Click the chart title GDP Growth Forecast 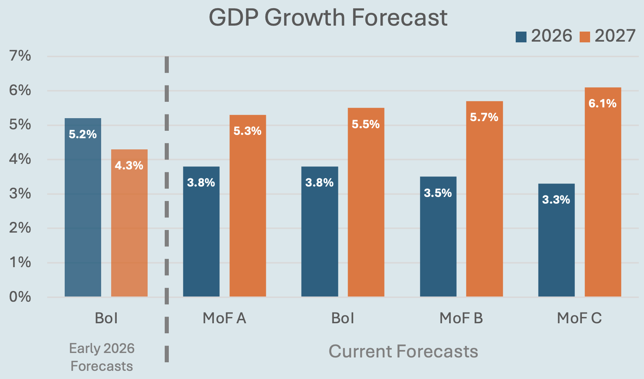(x=328, y=17)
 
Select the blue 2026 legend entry (x=544, y=36)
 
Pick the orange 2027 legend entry (x=608, y=36)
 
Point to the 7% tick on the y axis (x=20, y=56)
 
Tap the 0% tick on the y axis (x=20, y=297)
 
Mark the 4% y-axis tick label (x=20, y=159)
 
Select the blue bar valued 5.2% (x=83, y=208)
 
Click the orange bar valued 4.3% (x=129, y=223)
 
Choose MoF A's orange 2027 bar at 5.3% (x=248, y=206)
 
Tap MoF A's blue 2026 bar (x=201, y=232)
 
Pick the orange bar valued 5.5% (x=366, y=203)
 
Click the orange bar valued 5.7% (x=484, y=199)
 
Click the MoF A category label (x=224, y=318)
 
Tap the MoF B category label (x=461, y=318)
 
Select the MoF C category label (x=579, y=318)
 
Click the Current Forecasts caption (x=403, y=352)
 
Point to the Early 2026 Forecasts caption (x=102, y=357)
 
